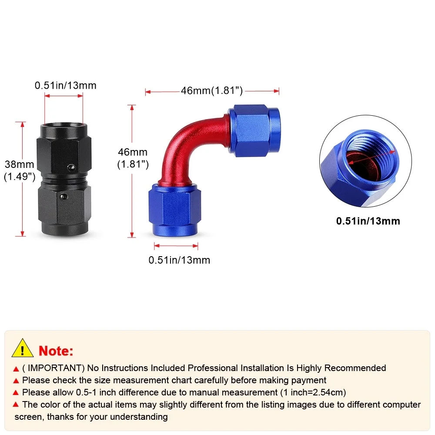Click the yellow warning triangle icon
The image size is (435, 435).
coord(23,348)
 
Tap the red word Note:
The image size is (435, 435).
coord(56,351)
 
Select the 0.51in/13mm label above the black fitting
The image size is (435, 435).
coord(66,85)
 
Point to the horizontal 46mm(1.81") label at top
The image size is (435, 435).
coord(212,90)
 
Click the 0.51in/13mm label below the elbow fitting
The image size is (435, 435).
coord(179,260)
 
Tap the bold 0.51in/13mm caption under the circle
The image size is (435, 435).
coord(368,221)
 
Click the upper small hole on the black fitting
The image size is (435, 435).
coord(71,167)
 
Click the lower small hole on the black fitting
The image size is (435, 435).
coord(64,197)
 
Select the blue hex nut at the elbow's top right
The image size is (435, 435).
coord(254,130)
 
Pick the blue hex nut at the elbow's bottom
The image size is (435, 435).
coord(174,210)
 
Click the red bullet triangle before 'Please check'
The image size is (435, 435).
coord(16,381)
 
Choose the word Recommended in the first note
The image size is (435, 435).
coord(355,368)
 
